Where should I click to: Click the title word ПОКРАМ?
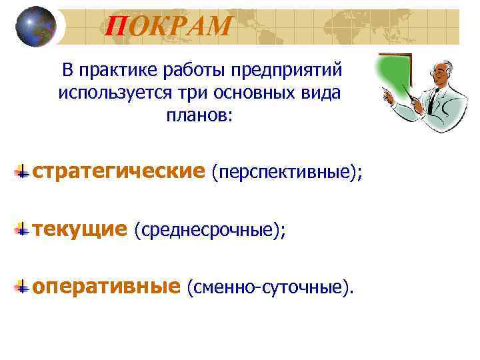click(x=169, y=27)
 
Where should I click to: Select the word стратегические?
click(x=119, y=172)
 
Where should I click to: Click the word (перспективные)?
click(x=287, y=173)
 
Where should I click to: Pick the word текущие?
click(x=79, y=229)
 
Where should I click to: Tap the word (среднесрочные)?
click(x=209, y=231)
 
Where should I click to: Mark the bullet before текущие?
click(x=23, y=229)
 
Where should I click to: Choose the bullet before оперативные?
click(x=23, y=287)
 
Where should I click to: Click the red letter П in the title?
click(x=116, y=27)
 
